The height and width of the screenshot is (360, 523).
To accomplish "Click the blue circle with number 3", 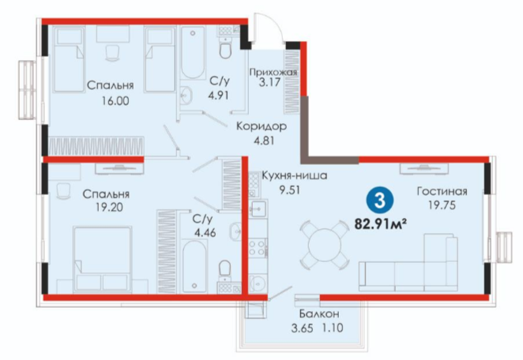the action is [380, 201].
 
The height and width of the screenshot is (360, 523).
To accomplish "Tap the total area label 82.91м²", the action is [380, 223].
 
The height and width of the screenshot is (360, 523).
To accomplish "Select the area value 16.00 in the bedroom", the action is [115, 100].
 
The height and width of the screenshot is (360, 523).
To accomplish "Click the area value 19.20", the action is [109, 208].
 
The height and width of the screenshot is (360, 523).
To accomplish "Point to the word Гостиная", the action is [442, 191].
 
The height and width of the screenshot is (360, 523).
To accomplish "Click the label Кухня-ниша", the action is [294, 175].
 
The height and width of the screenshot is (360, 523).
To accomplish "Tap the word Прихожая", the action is [273, 72].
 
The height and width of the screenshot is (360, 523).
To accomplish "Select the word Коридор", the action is [261, 126].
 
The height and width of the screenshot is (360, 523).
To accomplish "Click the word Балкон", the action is [319, 313].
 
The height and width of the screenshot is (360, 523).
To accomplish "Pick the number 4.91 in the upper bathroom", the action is [219, 96].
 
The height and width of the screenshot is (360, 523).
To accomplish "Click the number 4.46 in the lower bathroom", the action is [205, 232].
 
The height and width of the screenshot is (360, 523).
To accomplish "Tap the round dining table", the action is [325, 245].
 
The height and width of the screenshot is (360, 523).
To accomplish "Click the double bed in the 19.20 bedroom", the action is [103, 259].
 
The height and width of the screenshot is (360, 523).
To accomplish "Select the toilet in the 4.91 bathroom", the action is [226, 47].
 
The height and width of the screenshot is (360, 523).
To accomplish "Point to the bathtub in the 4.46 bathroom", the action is [194, 266].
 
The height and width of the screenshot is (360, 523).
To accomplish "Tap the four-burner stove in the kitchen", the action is [258, 247].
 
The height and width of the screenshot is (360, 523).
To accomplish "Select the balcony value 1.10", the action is [333, 328].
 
